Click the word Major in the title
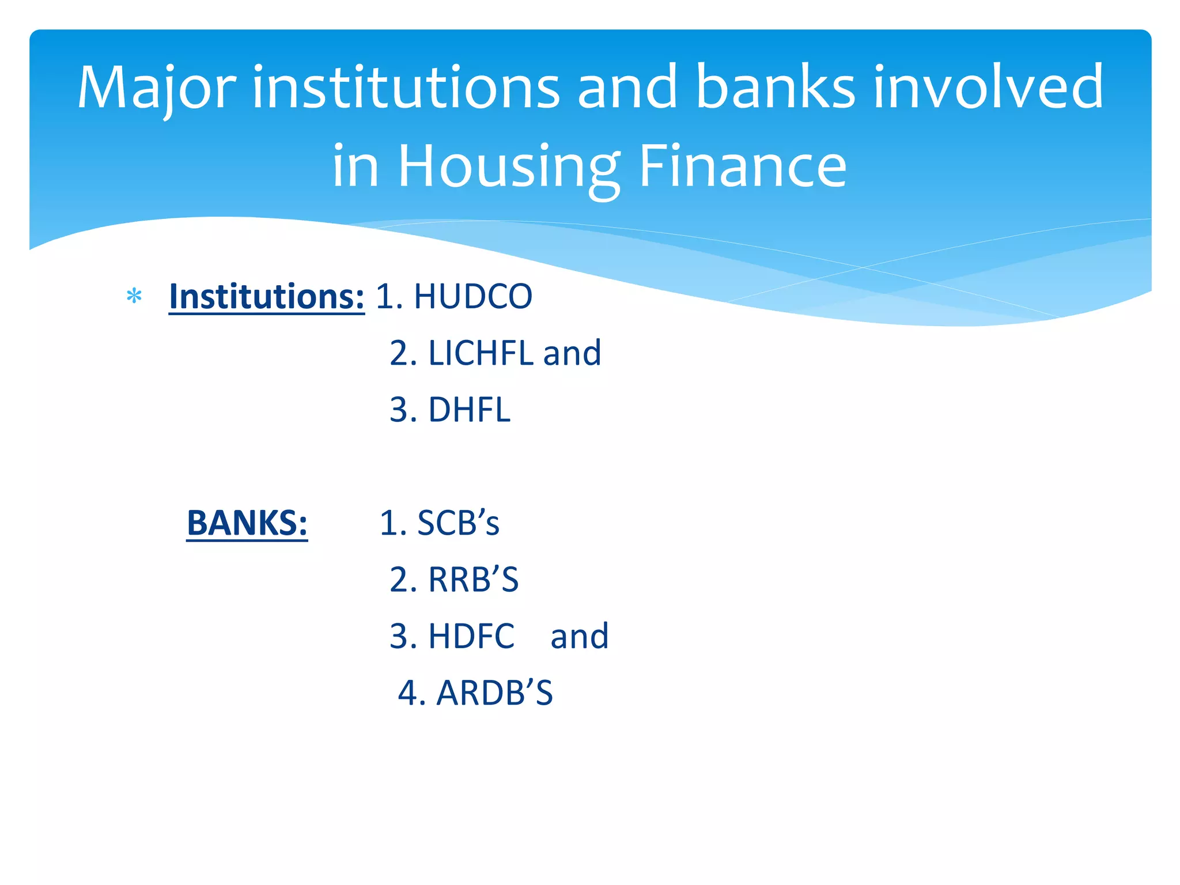click(x=156, y=88)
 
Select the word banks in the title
click(x=776, y=88)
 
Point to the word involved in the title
click(x=989, y=88)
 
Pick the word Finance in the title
click(x=743, y=167)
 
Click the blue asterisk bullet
click(x=134, y=297)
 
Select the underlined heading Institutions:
click(x=266, y=297)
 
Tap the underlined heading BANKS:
click(x=247, y=523)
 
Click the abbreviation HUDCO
click(x=473, y=297)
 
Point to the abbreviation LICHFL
click(x=481, y=353)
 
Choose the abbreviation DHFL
click(x=469, y=410)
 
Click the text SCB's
click(x=458, y=523)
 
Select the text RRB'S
click(x=473, y=580)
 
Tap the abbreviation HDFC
click(x=471, y=636)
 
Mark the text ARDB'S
click(x=494, y=693)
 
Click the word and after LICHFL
click(x=572, y=353)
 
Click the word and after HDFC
click(x=580, y=636)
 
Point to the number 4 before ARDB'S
click(x=407, y=693)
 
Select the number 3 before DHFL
click(x=399, y=410)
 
